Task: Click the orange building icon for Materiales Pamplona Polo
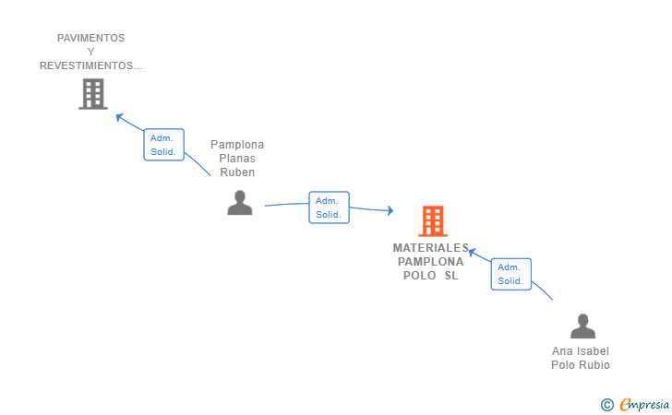[432, 221]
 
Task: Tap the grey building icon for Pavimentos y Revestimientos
[92, 93]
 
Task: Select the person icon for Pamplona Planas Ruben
[240, 203]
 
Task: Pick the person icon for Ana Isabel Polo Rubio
[582, 326]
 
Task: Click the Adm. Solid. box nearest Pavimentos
[164, 145]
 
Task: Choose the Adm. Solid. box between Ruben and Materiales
[329, 207]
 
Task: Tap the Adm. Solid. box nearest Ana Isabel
[510, 274]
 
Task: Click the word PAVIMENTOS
[90, 38]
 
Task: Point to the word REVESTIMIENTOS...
[90, 65]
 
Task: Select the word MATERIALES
[430, 248]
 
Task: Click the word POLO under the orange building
[420, 276]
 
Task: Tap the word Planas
[237, 159]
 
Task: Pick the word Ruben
[237, 172]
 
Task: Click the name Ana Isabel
[581, 351]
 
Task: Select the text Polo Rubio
[581, 365]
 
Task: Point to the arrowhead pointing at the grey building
[118, 116]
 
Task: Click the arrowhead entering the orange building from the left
[390, 211]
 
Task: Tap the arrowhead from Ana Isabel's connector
[471, 251]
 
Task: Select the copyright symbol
[606, 404]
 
